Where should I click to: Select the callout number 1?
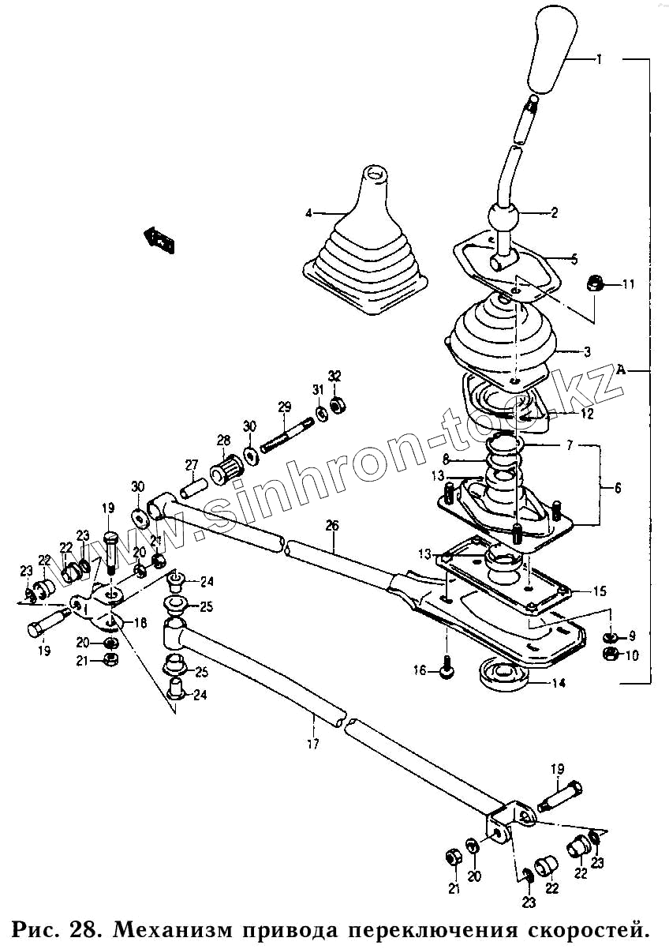click(x=600, y=59)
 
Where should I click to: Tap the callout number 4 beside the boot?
click(x=309, y=212)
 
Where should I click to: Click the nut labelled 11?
click(x=596, y=283)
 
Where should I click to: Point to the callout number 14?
click(x=558, y=684)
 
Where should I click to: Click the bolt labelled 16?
click(x=446, y=670)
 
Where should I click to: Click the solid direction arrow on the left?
click(x=159, y=239)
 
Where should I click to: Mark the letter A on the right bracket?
click(x=621, y=369)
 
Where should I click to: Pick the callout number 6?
click(x=617, y=489)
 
